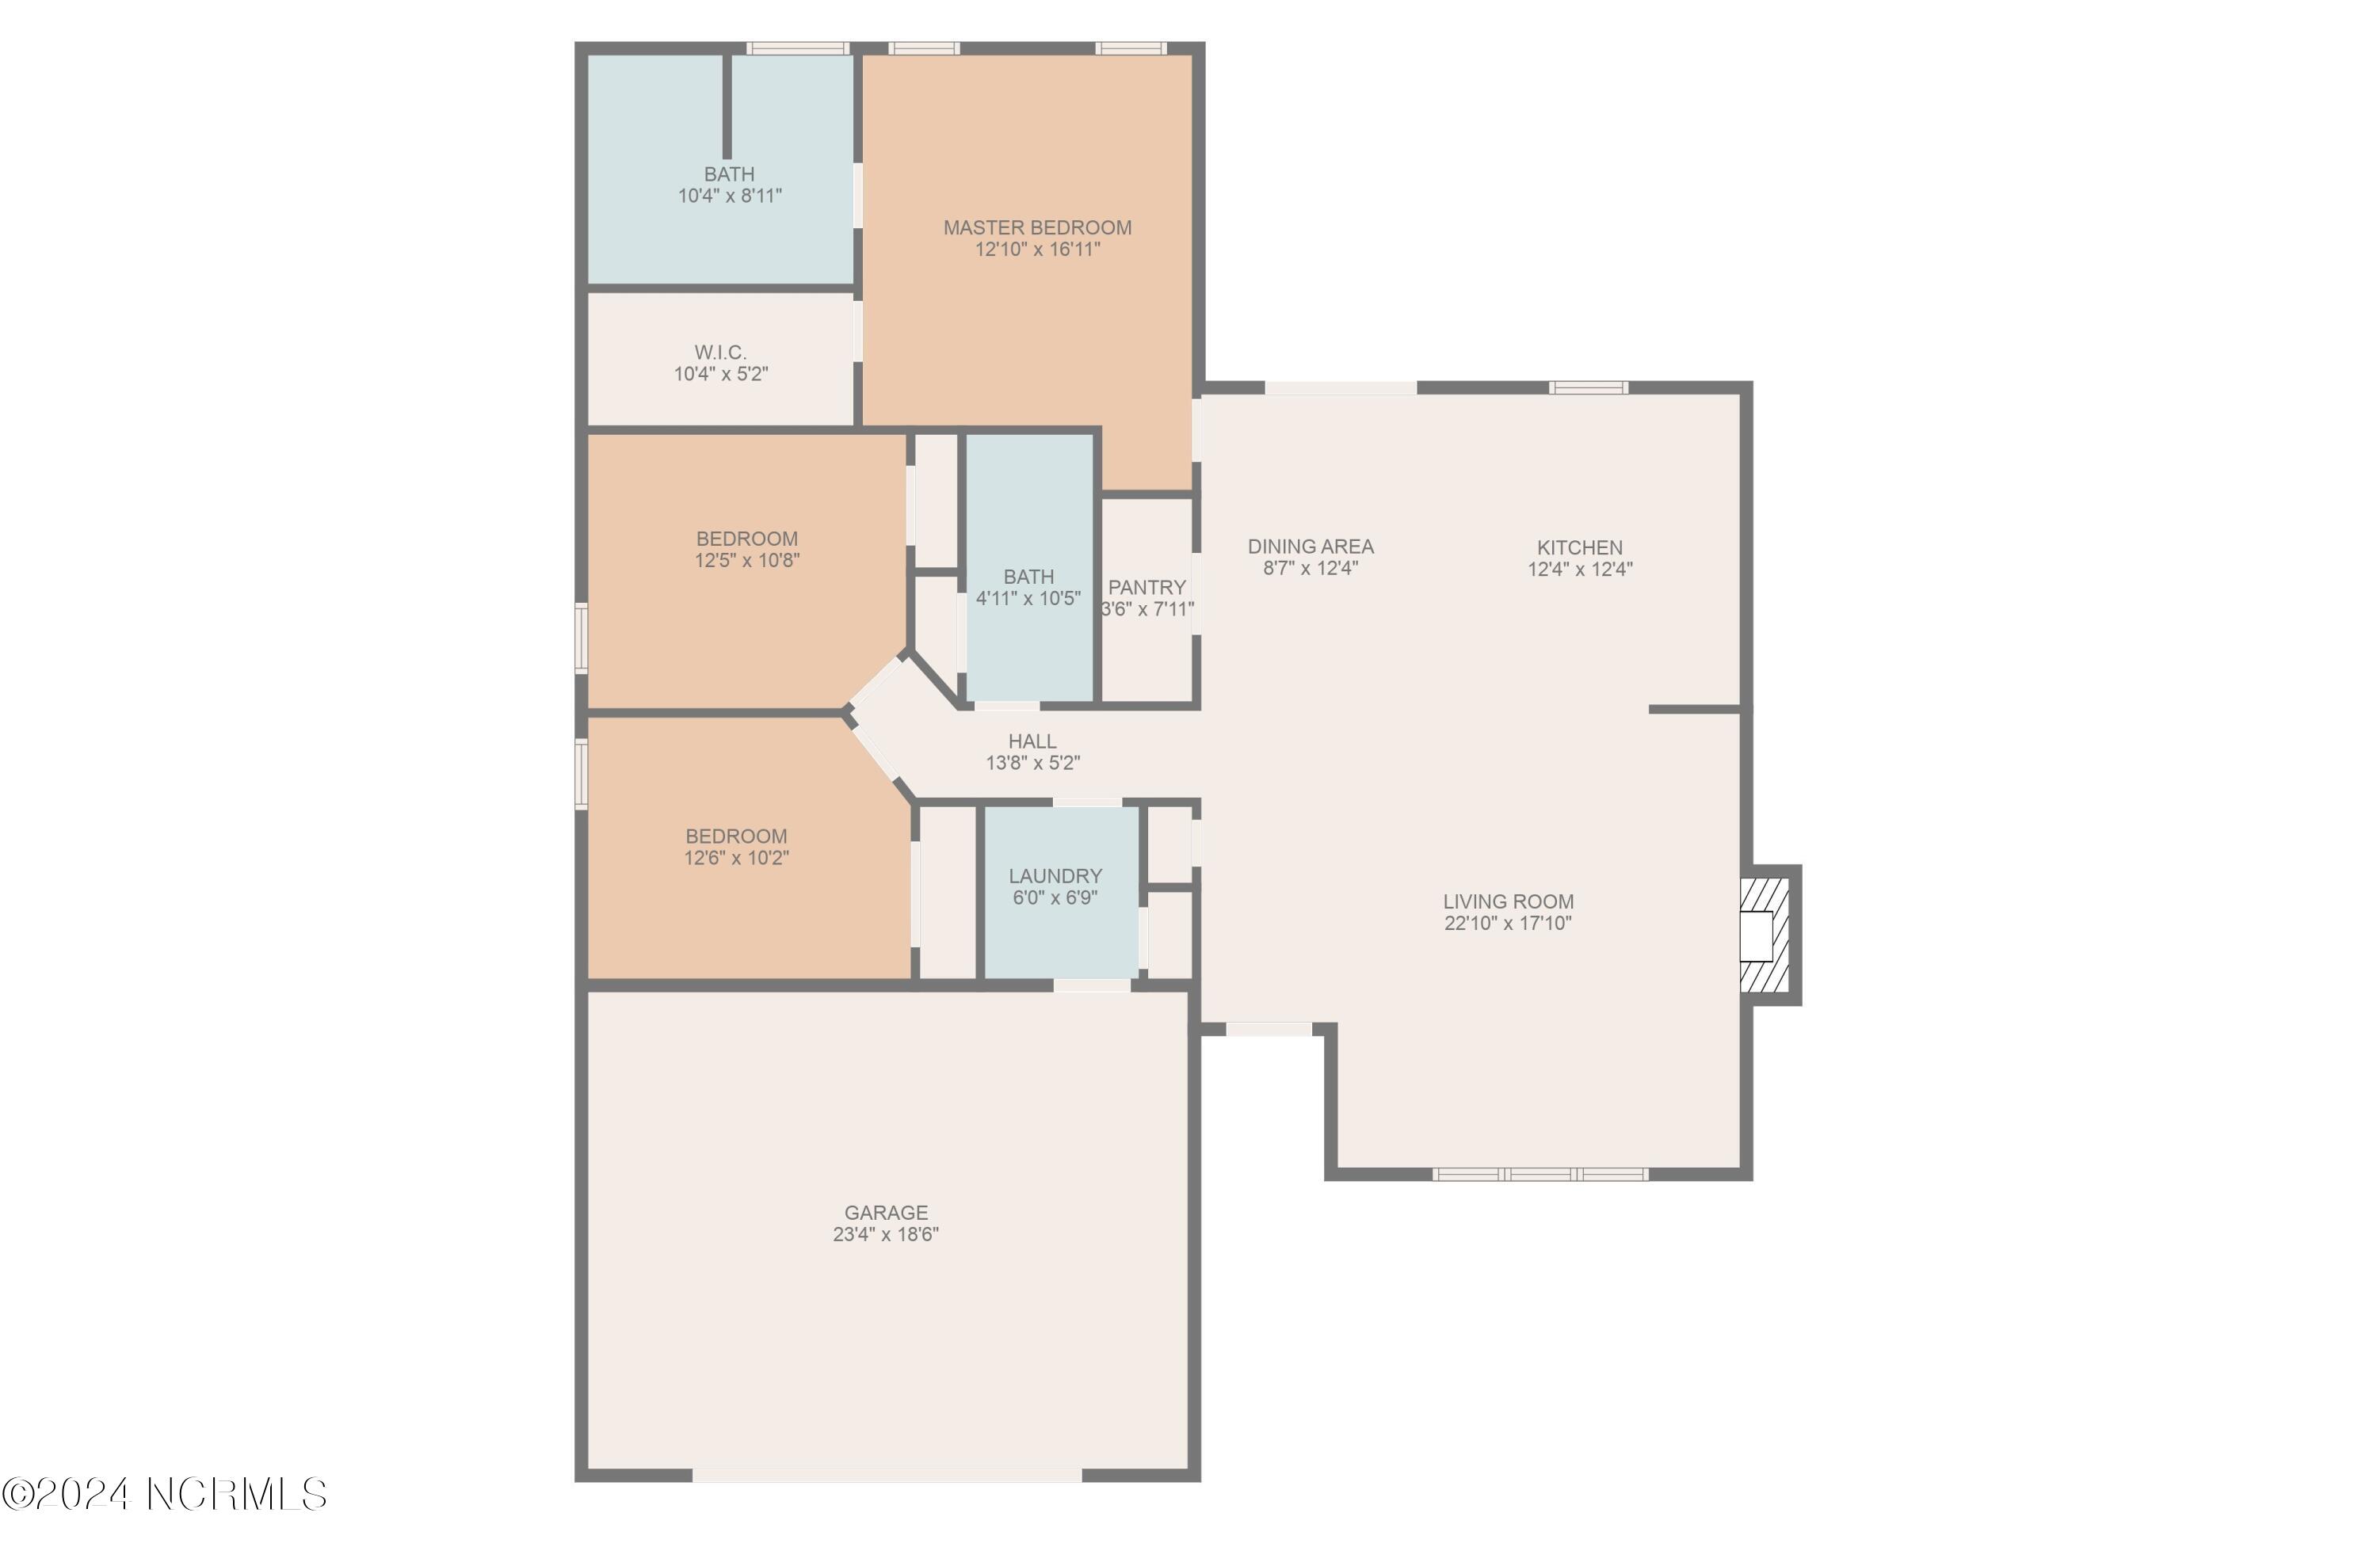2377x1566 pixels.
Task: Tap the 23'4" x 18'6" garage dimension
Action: click(x=885, y=1234)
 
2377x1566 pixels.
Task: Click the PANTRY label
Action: click(x=1147, y=587)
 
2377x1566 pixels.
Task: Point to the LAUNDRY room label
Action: click(x=1055, y=876)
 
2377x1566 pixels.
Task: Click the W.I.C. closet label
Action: click(x=720, y=352)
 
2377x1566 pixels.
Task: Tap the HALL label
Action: click(x=1032, y=741)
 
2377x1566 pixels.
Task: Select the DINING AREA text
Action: click(x=1311, y=547)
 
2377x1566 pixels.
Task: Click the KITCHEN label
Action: click(x=1579, y=547)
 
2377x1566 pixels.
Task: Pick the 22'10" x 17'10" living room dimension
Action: click(x=1507, y=923)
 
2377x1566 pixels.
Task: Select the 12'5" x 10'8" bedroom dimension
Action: click(x=747, y=560)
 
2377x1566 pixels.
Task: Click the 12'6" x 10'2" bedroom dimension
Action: click(x=736, y=858)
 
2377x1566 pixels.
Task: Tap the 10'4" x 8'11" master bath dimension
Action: click(x=729, y=196)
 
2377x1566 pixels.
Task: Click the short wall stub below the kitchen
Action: click(x=1694, y=709)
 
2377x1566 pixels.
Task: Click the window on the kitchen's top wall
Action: click(x=1588, y=387)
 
